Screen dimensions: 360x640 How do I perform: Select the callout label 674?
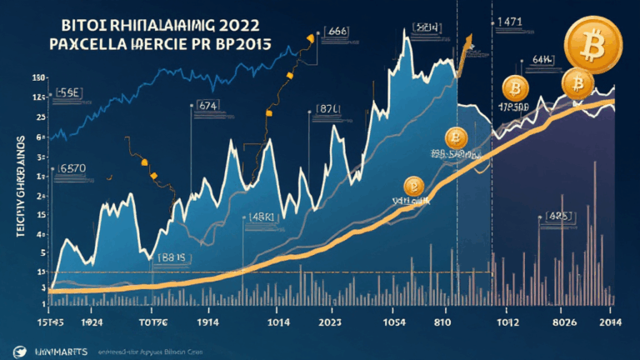coord(207,106)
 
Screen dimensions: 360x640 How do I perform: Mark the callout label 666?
coord(337,30)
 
